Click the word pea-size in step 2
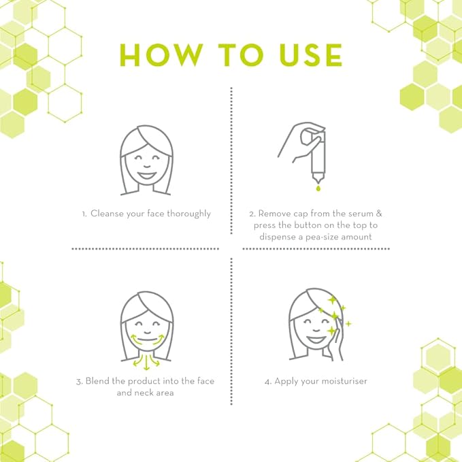tap(325, 237)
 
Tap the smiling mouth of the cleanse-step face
tap(146, 174)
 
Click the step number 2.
tap(251, 214)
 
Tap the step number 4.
tap(267, 381)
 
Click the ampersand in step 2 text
tap(379, 214)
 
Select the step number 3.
tap(79, 381)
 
